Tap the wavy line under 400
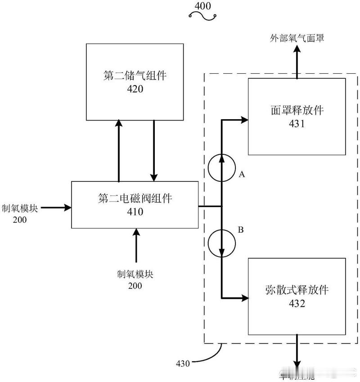point(203,17)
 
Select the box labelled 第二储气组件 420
point(135,82)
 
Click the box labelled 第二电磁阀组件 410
point(135,204)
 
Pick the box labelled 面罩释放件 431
point(297,117)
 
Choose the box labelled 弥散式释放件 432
point(297,297)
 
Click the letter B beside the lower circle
point(241,229)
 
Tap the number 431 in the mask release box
point(297,123)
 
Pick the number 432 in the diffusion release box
point(297,304)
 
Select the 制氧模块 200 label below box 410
point(135,279)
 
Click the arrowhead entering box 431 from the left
point(245,120)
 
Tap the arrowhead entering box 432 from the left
point(245,298)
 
